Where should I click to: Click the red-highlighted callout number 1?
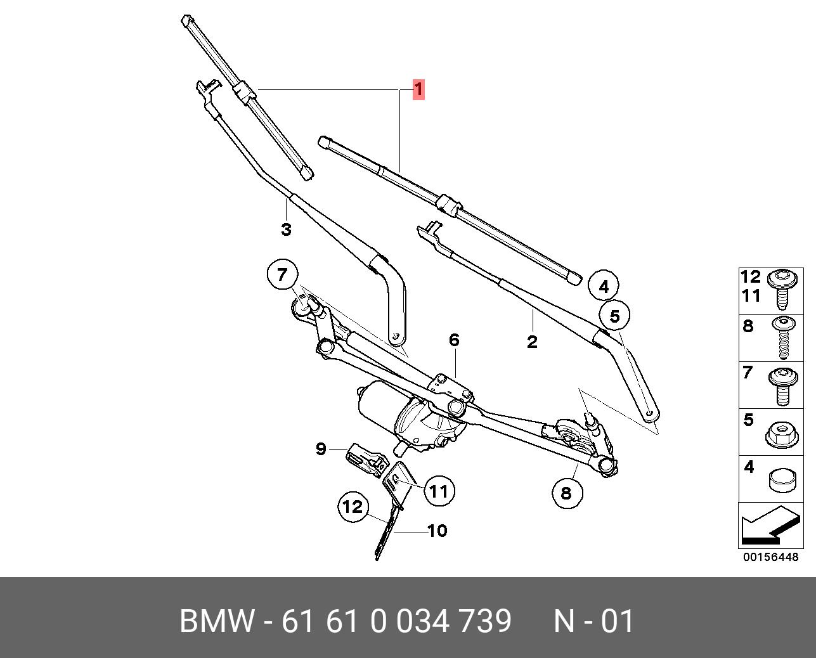[x=418, y=89]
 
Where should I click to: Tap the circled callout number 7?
[x=282, y=275]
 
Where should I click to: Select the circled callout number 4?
[x=603, y=287]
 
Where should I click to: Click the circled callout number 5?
[x=615, y=315]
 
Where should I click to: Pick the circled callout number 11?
[x=439, y=490]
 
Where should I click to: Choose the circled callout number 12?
[x=353, y=506]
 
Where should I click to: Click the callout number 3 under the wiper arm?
[x=286, y=229]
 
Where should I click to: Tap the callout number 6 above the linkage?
[x=453, y=340]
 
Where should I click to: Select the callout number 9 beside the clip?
[x=321, y=449]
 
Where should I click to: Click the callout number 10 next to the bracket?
[x=437, y=530]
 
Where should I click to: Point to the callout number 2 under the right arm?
[x=532, y=342]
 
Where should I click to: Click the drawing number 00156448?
[x=770, y=557]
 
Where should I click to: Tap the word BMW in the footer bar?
[x=217, y=621]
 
